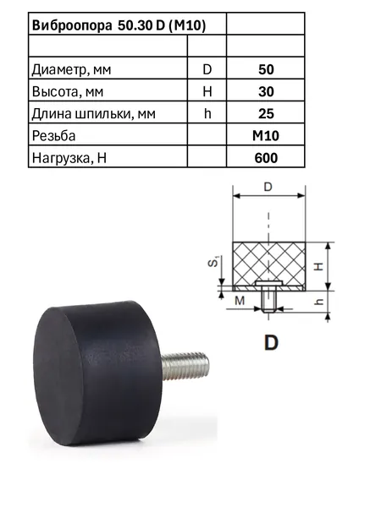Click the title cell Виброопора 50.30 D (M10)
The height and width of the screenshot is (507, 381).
pyautogui.click(x=119, y=25)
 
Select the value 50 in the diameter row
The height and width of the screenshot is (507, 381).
pyautogui.click(x=266, y=69)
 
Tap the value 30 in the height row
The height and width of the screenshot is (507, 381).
pyautogui.click(x=266, y=92)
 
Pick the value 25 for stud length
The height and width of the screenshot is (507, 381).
pyautogui.click(x=266, y=114)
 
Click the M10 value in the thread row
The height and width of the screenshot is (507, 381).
pyautogui.click(x=266, y=136)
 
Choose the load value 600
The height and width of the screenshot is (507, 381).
pyautogui.click(x=266, y=158)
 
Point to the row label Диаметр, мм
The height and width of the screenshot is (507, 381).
pyautogui.click(x=71, y=70)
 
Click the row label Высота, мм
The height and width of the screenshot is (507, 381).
pyautogui.click(x=68, y=92)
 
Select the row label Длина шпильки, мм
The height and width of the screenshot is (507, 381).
pyautogui.click(x=94, y=114)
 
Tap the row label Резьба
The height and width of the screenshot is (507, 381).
pyautogui.click(x=53, y=136)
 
